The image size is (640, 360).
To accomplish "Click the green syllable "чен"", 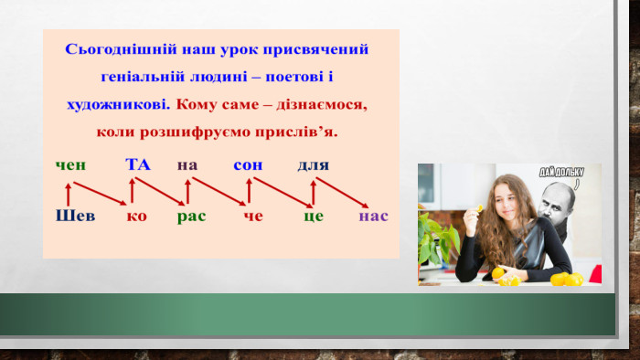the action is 70,165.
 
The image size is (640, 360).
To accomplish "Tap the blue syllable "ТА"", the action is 138,164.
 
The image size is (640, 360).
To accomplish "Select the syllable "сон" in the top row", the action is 248,165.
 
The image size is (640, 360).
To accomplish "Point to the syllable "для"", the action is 313,165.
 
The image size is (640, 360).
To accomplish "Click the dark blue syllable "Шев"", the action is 75,216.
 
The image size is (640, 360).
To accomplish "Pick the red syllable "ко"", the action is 136,216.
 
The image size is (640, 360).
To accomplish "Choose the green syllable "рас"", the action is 191,217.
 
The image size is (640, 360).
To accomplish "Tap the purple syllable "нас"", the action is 373,216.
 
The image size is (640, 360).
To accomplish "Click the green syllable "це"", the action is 314,217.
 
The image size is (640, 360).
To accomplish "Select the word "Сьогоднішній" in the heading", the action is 121,49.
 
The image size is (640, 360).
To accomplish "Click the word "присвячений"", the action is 315,50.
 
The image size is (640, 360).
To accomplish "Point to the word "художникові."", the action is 118,105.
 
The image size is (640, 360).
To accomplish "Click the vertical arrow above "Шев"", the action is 69,195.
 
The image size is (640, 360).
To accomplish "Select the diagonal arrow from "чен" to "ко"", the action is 100,194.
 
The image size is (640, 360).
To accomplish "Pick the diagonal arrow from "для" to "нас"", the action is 342,193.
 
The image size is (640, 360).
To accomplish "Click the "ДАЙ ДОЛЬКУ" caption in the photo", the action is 561,173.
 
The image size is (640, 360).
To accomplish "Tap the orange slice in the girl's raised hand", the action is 479,208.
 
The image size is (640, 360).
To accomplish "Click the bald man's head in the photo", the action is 556,201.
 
